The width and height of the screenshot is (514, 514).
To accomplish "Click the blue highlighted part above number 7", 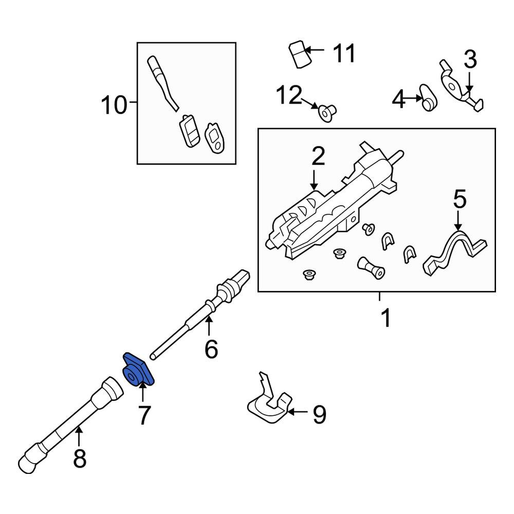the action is pyautogui.click(x=138, y=370).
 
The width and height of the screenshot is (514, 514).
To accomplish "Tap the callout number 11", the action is pyautogui.click(x=344, y=53).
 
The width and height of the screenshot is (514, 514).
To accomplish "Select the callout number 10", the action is pyautogui.click(x=114, y=105).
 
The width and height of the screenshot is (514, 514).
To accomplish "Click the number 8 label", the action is pyautogui.click(x=80, y=458).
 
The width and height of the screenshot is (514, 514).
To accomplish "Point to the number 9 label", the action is pyautogui.click(x=320, y=414).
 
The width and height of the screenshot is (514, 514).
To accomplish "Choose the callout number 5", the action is pyautogui.click(x=460, y=199).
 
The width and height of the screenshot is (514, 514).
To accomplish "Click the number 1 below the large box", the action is pyautogui.click(x=386, y=318).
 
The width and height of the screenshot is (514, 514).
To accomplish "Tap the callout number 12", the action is pyautogui.click(x=289, y=95).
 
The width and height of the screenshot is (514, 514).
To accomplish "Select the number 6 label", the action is pyautogui.click(x=211, y=349).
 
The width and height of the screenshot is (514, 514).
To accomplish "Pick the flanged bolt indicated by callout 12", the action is pyautogui.click(x=327, y=113).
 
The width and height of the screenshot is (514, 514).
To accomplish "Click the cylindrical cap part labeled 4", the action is pyautogui.click(x=428, y=97).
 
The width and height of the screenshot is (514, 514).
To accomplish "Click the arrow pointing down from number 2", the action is pyautogui.click(x=314, y=180).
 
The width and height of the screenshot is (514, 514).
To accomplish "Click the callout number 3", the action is pyautogui.click(x=470, y=59).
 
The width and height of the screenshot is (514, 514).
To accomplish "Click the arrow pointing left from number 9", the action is pyautogui.click(x=298, y=412).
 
